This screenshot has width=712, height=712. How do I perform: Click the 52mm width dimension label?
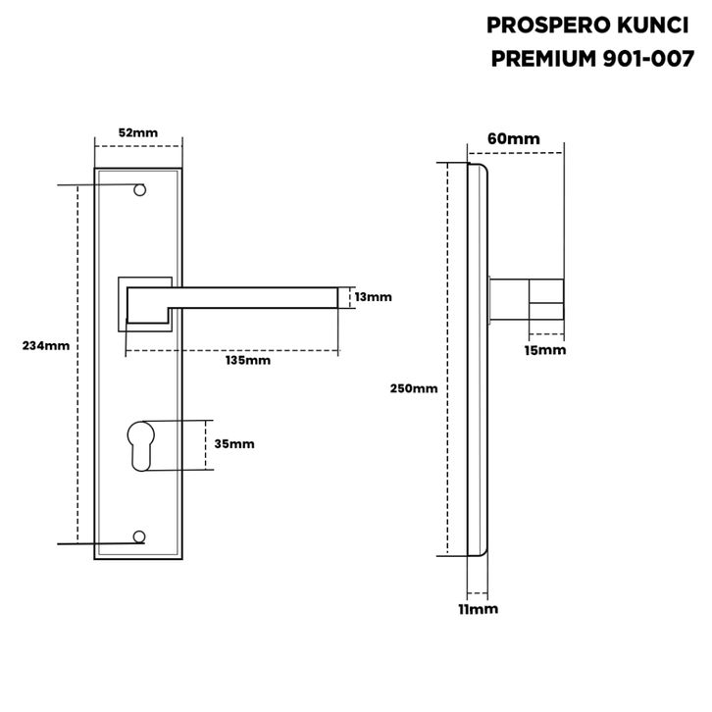tap(138, 132)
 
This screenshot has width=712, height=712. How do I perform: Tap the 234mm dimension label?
tap(46, 345)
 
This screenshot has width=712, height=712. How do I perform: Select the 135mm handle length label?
tap(248, 360)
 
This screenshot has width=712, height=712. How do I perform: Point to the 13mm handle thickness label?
tap(373, 297)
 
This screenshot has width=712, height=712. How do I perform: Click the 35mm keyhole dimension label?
tap(234, 443)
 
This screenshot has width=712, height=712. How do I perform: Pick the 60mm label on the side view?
tap(514, 138)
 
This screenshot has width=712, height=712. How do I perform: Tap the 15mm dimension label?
tap(545, 350)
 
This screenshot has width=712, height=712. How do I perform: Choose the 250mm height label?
tap(414, 388)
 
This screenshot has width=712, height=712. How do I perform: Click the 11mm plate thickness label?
tap(479, 609)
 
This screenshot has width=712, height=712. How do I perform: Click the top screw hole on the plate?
tap(140, 190)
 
